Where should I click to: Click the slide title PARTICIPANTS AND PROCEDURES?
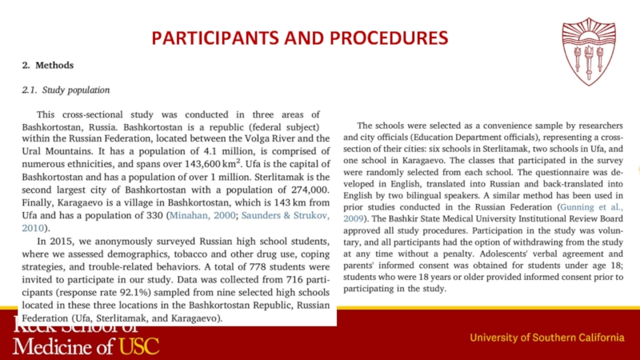[x=300, y=38]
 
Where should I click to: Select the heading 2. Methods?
[x=48, y=65]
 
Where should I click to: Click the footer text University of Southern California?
[x=551, y=338]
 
